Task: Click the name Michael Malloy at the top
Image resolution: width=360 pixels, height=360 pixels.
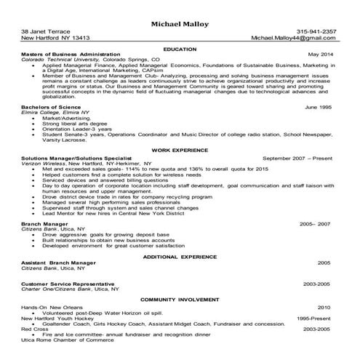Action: pos(180,24)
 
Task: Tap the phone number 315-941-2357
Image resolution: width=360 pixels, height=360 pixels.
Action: pos(316,32)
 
